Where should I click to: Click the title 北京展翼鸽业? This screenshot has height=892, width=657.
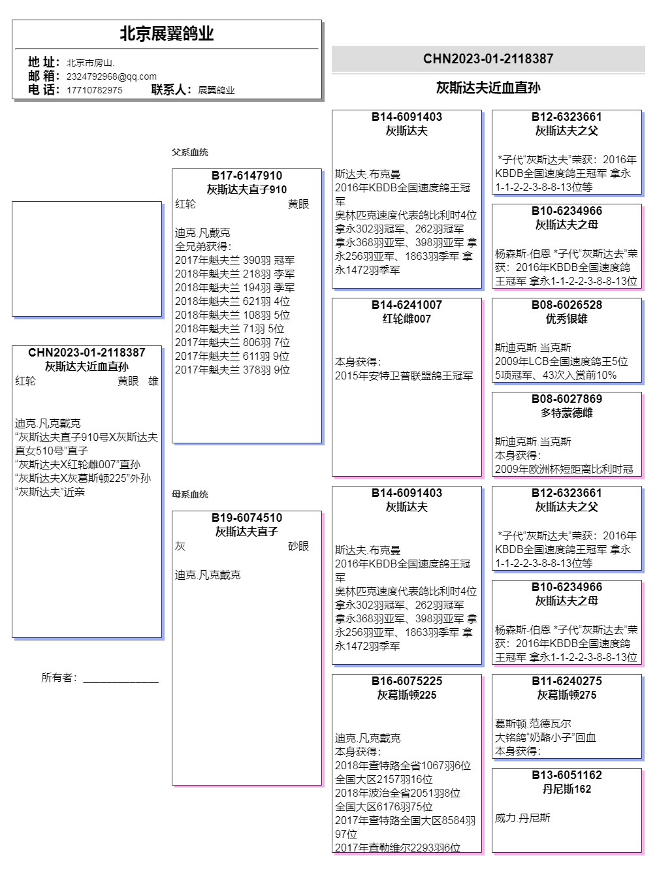pos(167,34)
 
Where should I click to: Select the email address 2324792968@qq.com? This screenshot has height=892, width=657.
pos(111,76)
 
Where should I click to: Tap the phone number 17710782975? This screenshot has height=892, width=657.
pos(94,90)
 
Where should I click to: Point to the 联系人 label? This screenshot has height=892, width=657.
pos(171,90)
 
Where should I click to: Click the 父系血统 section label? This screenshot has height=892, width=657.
pos(190,152)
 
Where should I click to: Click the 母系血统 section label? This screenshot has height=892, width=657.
pos(190,494)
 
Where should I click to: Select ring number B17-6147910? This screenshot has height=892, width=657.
pos(247,176)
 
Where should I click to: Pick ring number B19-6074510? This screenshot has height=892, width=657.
pos(247,518)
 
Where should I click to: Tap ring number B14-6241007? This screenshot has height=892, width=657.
pos(406,305)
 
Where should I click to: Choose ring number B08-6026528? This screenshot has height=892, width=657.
pos(566,305)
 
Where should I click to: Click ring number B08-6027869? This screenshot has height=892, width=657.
pos(566,399)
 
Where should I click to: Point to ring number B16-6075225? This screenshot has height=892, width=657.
pos(406,681)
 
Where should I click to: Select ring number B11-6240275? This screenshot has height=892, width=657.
pos(566,681)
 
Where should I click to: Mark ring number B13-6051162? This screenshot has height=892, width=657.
pos(566,775)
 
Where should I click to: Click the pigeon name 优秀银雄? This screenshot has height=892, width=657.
pos(566,319)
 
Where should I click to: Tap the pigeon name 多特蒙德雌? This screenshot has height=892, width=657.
pos(566,413)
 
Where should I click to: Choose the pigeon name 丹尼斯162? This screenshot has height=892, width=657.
pos(566,789)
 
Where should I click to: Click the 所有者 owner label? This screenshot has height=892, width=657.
pos(59,678)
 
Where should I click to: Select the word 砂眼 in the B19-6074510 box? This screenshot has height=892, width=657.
pos(298,546)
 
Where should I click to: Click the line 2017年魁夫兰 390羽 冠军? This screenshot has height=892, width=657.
pos(234,260)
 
